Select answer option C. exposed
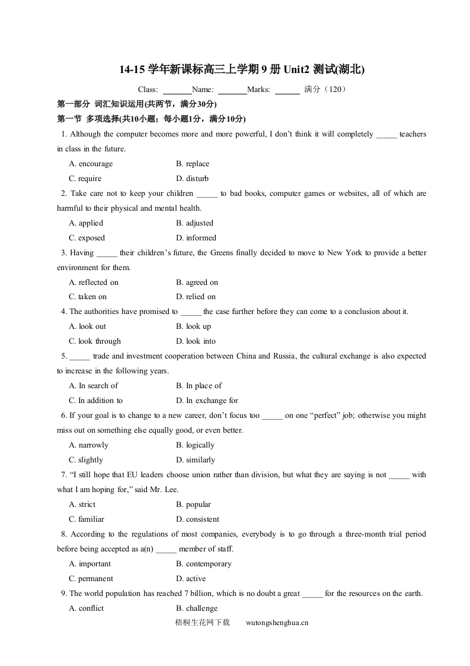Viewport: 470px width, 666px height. click(x=87, y=238)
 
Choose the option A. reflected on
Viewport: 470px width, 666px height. click(x=94, y=283)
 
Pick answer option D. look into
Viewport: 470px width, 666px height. click(x=196, y=341)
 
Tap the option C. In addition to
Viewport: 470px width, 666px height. click(x=95, y=401)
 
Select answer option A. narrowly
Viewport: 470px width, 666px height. click(x=88, y=445)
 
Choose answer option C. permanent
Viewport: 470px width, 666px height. click(x=91, y=579)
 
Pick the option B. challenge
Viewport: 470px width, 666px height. click(x=197, y=608)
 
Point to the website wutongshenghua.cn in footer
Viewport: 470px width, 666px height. click(x=277, y=623)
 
